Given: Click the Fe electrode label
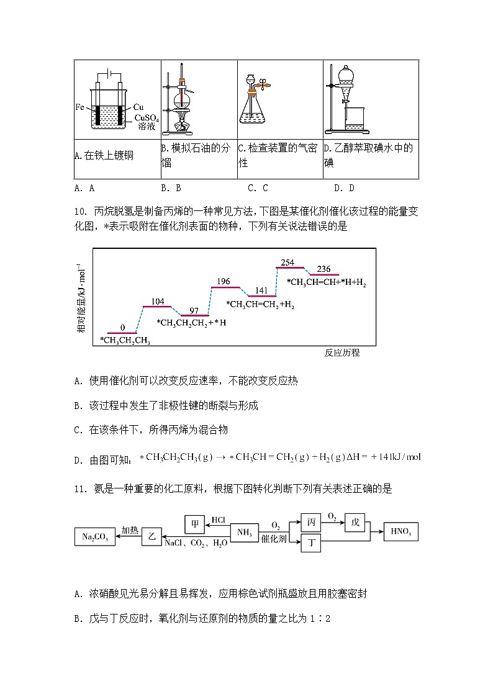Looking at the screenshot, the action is (79, 107).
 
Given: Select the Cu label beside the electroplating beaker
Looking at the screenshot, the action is (138, 107).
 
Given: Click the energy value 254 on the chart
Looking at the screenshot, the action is (287, 262).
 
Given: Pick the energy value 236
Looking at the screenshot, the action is (323, 269).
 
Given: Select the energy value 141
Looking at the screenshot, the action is (261, 290).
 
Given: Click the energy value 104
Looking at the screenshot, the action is (158, 302).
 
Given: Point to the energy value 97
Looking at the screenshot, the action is (194, 310).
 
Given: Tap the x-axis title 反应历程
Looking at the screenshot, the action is (341, 353).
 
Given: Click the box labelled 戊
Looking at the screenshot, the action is (355, 523).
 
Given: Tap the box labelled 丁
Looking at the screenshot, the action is (312, 544).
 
